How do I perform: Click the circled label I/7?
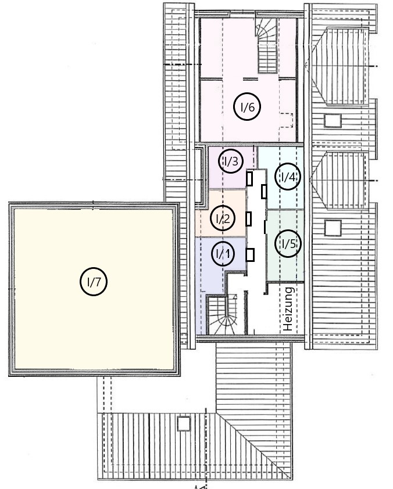pos(94,282)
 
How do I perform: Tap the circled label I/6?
pos(247,107)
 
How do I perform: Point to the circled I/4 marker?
pos(288,177)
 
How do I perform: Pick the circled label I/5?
pos(288,243)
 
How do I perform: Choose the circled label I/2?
pos(223,218)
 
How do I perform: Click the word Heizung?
pos(288,309)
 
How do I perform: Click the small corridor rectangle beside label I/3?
pos(249,179)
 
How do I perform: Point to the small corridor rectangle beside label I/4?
pos(264,192)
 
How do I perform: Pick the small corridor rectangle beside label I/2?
pos(249,218)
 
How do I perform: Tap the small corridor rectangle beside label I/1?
pos(250,255)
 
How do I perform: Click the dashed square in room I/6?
pos(286,120)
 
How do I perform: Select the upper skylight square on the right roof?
pos(333,121)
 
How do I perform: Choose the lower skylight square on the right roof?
pos(333,228)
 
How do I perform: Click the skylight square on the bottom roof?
pos(184,423)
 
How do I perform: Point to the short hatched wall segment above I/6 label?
pos(251,79)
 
